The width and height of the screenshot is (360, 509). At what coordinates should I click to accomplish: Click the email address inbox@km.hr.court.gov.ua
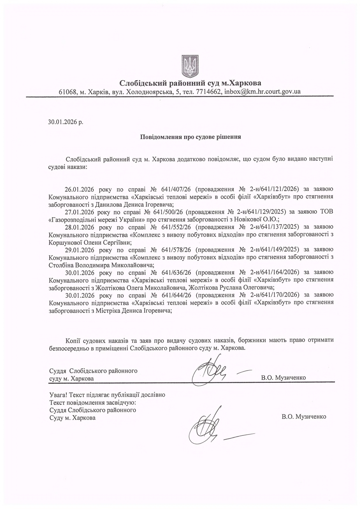263,92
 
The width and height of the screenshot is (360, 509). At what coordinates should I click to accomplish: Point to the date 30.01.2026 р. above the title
66,122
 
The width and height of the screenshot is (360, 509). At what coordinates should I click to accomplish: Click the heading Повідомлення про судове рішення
191,137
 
